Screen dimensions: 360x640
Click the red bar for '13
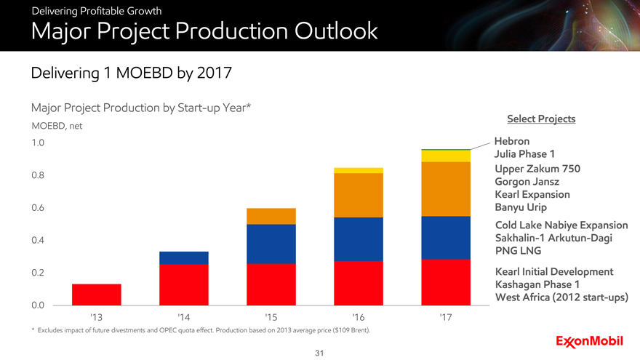pos(97,294)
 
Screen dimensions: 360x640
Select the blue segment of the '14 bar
pos(183,257)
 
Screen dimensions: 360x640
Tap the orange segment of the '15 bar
pos(271,216)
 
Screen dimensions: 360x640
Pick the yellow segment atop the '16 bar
pos(358,170)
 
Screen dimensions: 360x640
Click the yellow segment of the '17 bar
pos(445,156)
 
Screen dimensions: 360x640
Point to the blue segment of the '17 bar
pos(445,237)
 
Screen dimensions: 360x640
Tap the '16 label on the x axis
pos(358,318)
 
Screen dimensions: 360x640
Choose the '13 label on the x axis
pos(96,318)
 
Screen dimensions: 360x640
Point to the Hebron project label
pos(512,140)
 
